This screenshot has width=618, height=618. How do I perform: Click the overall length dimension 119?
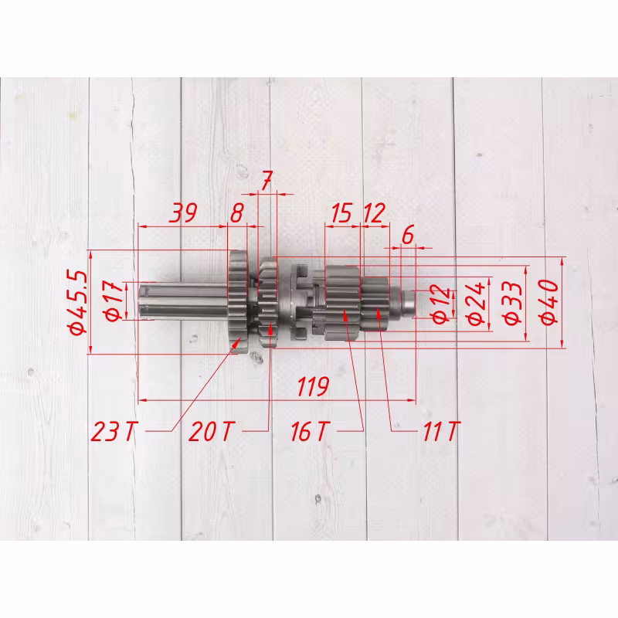coord(313,386)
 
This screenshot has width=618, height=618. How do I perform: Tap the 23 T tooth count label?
coord(114,431)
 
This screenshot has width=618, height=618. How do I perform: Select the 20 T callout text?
coord(212,431)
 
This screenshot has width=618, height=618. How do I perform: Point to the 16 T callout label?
coord(310,431)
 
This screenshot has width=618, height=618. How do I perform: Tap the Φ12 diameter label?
coord(441,304)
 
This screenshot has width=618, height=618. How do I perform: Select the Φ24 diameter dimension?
coord(477,304)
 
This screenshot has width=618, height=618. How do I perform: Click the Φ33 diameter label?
coord(514,302)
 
